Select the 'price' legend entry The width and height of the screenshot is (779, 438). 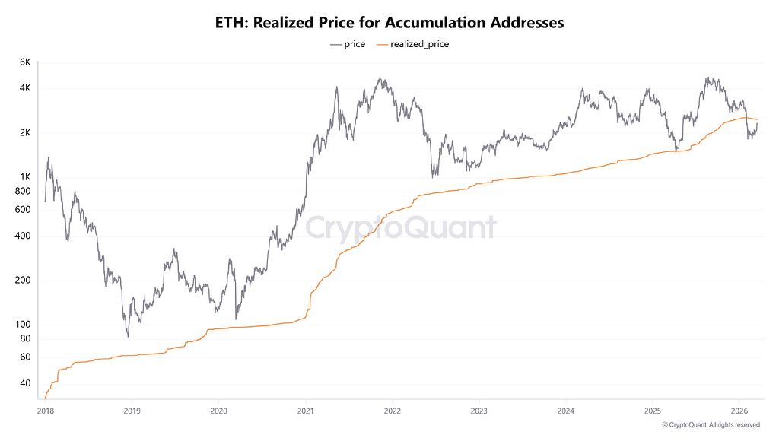tap(348, 44)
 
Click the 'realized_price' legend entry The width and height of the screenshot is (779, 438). tap(413, 44)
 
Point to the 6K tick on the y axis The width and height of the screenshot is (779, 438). tap(25, 62)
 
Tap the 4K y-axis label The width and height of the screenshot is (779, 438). tap(25, 88)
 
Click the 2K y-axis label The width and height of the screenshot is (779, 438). tap(25, 132)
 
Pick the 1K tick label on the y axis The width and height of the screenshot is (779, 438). tap(25, 176)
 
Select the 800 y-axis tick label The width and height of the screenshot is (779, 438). tap(23, 191)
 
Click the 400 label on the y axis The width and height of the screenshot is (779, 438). tap(23, 236)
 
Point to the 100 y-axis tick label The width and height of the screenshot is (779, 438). tap(23, 324)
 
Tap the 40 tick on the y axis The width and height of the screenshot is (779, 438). tap(25, 383)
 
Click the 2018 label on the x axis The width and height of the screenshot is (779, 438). tap(45, 411)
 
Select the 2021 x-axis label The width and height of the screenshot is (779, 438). tap(306, 411)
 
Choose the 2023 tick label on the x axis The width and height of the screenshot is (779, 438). tap(479, 411)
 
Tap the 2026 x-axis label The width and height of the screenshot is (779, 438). tap(739, 411)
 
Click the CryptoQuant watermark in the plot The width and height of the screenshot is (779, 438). tap(400, 227)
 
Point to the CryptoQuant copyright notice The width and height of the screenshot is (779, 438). tap(711, 424)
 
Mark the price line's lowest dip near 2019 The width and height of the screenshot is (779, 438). tap(128, 336)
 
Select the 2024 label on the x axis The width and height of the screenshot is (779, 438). tap(566, 411)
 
